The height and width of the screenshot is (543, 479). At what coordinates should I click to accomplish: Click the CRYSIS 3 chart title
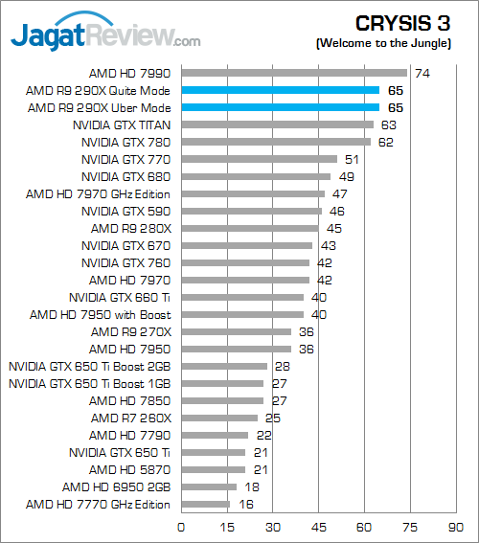click(x=402, y=24)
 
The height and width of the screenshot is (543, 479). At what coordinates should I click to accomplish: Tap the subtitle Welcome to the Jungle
click(x=383, y=43)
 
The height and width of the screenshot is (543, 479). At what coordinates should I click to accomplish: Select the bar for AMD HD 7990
click(x=294, y=73)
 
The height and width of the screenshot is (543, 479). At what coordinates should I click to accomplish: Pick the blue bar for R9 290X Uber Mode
click(x=281, y=107)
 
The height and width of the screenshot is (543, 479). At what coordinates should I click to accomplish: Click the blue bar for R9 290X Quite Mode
click(x=281, y=90)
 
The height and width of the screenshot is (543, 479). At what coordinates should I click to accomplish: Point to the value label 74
click(x=422, y=74)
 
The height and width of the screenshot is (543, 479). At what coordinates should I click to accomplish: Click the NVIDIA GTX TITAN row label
click(x=122, y=125)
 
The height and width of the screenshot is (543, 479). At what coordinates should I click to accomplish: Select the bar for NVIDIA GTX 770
click(x=260, y=159)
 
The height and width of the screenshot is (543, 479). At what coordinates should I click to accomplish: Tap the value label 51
click(x=352, y=160)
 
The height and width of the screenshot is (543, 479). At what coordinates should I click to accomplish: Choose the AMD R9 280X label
click(x=131, y=229)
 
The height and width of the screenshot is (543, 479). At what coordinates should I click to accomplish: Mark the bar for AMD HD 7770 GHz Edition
click(x=206, y=504)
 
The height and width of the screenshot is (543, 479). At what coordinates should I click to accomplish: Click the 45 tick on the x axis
click(x=318, y=528)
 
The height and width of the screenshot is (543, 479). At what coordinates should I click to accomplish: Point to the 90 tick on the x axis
click(x=455, y=528)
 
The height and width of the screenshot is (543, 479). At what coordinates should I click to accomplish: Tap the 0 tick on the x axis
click(x=181, y=528)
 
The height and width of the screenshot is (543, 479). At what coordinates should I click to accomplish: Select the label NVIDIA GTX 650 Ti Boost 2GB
click(x=90, y=367)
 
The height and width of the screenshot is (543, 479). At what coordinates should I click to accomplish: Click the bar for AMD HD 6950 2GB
click(x=209, y=486)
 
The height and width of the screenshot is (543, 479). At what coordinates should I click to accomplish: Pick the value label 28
click(x=283, y=367)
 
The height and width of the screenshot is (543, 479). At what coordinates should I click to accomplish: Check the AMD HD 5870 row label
click(x=130, y=470)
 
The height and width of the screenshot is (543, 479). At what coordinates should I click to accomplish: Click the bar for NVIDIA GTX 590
click(x=252, y=212)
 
